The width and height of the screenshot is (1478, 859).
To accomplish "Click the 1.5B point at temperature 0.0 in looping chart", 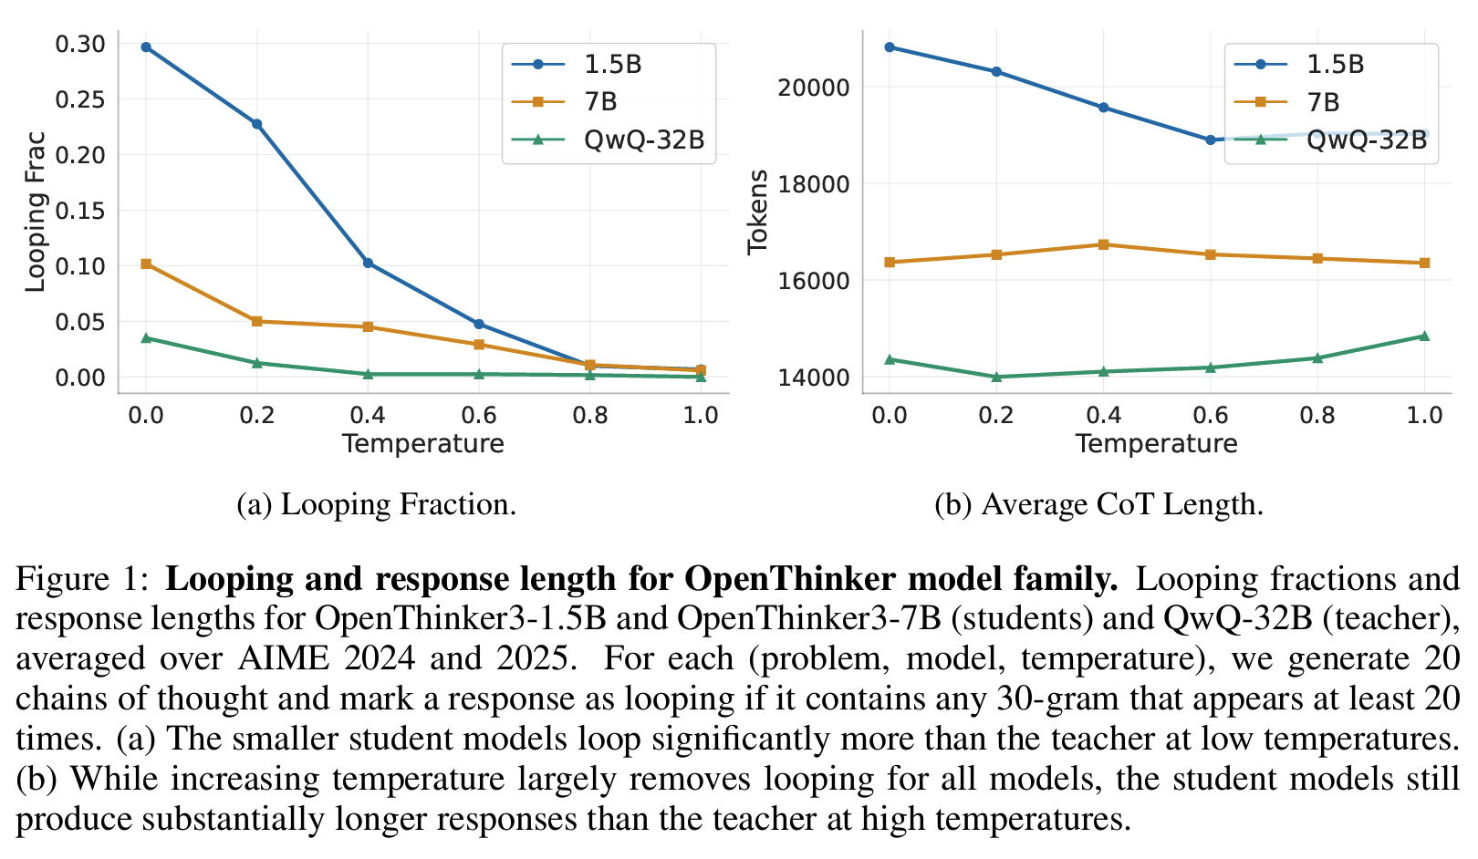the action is click(x=146, y=47).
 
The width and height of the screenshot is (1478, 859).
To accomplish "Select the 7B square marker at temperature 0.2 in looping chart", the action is click(x=257, y=321).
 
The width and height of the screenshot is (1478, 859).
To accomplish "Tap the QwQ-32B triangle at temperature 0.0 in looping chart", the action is click(x=146, y=338).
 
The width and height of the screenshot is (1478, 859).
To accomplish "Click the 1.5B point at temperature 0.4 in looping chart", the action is click(x=368, y=263).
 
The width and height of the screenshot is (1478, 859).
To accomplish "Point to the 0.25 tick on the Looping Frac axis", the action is click(x=80, y=99).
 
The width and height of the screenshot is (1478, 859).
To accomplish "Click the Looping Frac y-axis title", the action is click(x=35, y=212).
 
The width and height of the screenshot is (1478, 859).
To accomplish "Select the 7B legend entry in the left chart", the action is click(x=600, y=102).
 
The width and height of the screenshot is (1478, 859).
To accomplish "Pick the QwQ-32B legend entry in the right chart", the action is click(x=1366, y=140).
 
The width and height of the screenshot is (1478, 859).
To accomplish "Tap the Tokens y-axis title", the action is click(x=758, y=212).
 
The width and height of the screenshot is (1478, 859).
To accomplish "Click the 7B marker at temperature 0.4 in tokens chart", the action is click(x=1103, y=244).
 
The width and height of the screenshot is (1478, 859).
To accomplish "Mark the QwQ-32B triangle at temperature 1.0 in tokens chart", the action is click(x=1424, y=336).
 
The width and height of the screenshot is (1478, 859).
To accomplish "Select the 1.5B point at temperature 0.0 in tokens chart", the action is click(x=890, y=47).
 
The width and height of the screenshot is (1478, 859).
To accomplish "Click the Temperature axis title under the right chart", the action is click(x=1156, y=444).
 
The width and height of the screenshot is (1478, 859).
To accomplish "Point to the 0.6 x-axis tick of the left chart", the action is click(x=479, y=416).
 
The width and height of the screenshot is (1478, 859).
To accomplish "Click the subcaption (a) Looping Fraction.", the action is click(x=376, y=504).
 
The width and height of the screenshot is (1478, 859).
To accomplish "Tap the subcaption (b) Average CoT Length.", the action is click(x=1098, y=504).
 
